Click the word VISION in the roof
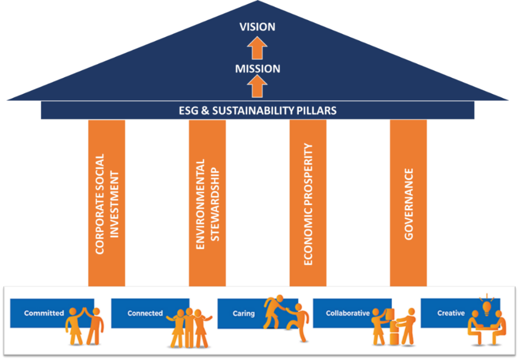pos(257,27)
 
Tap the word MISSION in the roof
pos(257,69)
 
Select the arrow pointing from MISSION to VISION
pos(257,48)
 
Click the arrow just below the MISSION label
pos(257,86)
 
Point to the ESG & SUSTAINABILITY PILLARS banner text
pos(257,111)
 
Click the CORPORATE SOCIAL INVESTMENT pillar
pos(107,203)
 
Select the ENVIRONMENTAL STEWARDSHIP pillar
pos(207,203)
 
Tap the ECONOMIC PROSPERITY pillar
pos(308,203)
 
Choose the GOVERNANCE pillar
pos(408,203)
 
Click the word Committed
pos(44,313)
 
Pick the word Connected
pos(145,313)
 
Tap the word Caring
pos(244,313)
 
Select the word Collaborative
pos(348,313)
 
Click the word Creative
pos(451,313)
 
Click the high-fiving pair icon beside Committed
pos(85,326)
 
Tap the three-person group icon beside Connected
pos(189,328)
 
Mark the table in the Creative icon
pos(487,329)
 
